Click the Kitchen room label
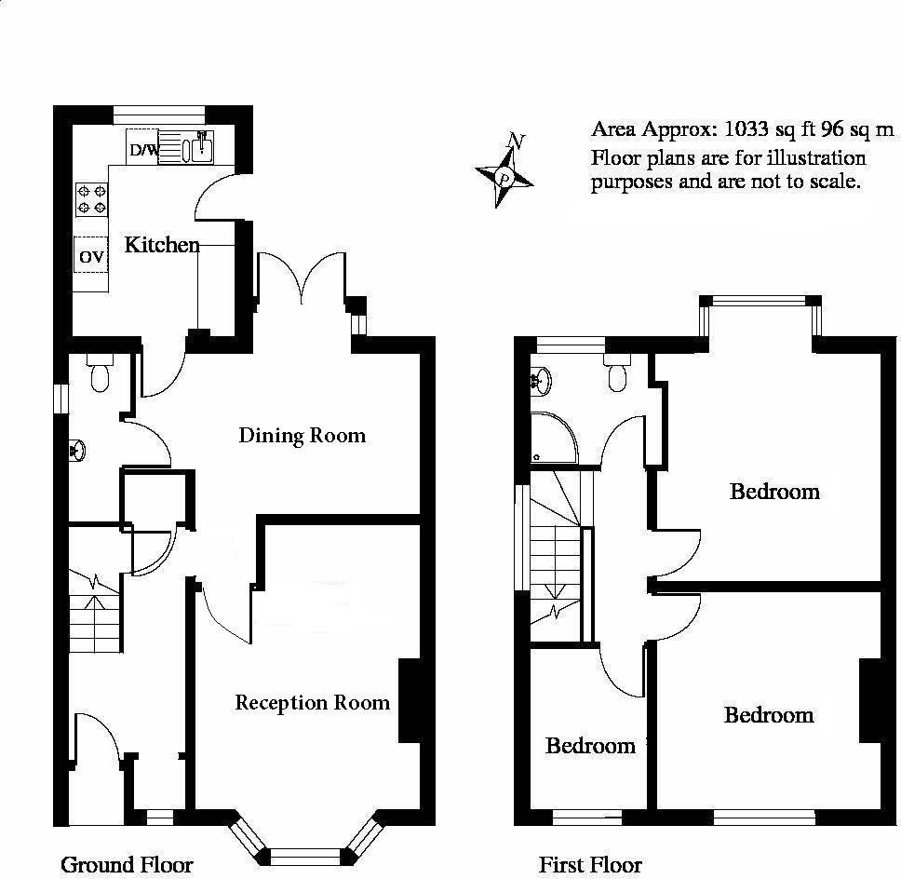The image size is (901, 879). [x=162, y=245]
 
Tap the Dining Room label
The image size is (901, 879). [x=302, y=435]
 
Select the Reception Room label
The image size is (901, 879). [x=312, y=702]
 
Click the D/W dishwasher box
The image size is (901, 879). [x=142, y=150]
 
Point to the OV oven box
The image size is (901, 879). [x=91, y=256]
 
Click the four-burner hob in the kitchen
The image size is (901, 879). [x=91, y=197]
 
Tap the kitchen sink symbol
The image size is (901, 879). [x=198, y=147]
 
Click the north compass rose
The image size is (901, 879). [x=504, y=174]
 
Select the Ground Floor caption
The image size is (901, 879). [x=127, y=864]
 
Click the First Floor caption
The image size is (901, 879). [x=590, y=864]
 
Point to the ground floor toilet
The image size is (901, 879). [x=101, y=373]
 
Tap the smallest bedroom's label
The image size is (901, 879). [x=590, y=746]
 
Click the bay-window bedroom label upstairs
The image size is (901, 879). [x=774, y=491]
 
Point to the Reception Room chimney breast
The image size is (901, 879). [x=408, y=701]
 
